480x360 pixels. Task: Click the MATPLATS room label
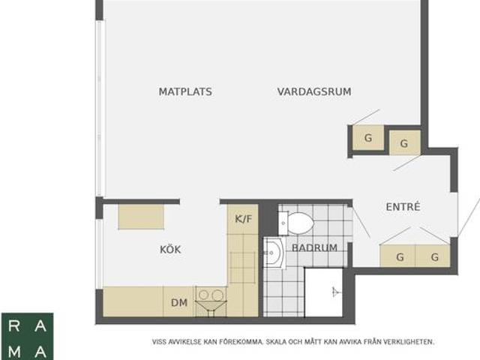point(185,92)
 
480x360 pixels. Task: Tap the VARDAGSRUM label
point(314,92)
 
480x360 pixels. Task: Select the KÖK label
point(170,250)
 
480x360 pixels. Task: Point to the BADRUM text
point(314,248)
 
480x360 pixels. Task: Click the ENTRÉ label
point(403,207)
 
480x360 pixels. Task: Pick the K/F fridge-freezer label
point(243,220)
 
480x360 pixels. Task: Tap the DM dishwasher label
point(178,303)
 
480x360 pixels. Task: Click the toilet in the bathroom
point(298,223)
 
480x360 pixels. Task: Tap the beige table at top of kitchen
point(141,216)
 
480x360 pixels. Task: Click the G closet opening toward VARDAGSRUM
point(368,139)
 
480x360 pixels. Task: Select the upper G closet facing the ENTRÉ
point(404,143)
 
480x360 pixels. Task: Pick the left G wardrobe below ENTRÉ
point(400,257)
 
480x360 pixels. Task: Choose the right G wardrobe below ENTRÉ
point(434,257)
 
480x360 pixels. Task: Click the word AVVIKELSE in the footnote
point(182,342)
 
